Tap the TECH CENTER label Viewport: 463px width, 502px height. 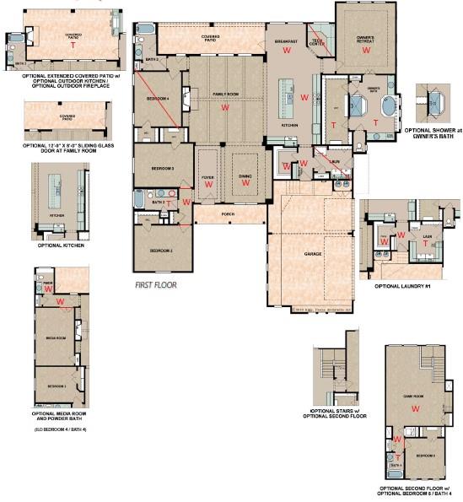tap(320, 41)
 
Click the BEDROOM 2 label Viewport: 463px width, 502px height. tap(162, 251)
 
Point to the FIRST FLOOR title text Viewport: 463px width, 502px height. tap(156, 286)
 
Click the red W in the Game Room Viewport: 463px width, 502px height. tap(415, 408)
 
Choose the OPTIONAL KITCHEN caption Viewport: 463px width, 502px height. tap(59, 246)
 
